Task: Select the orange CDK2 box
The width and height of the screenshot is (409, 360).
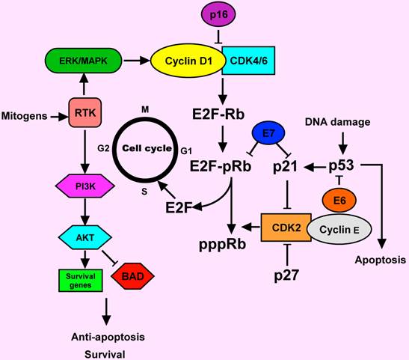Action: [x=286, y=227]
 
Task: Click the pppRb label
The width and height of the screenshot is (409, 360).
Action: [x=224, y=243]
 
